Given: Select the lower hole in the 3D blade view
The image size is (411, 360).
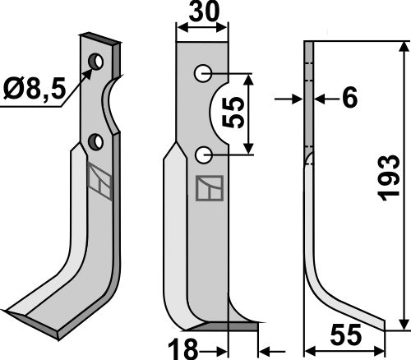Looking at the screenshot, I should [96, 142].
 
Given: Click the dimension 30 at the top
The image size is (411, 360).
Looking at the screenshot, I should [202, 14].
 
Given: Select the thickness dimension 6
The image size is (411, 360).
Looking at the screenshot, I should [349, 99].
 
